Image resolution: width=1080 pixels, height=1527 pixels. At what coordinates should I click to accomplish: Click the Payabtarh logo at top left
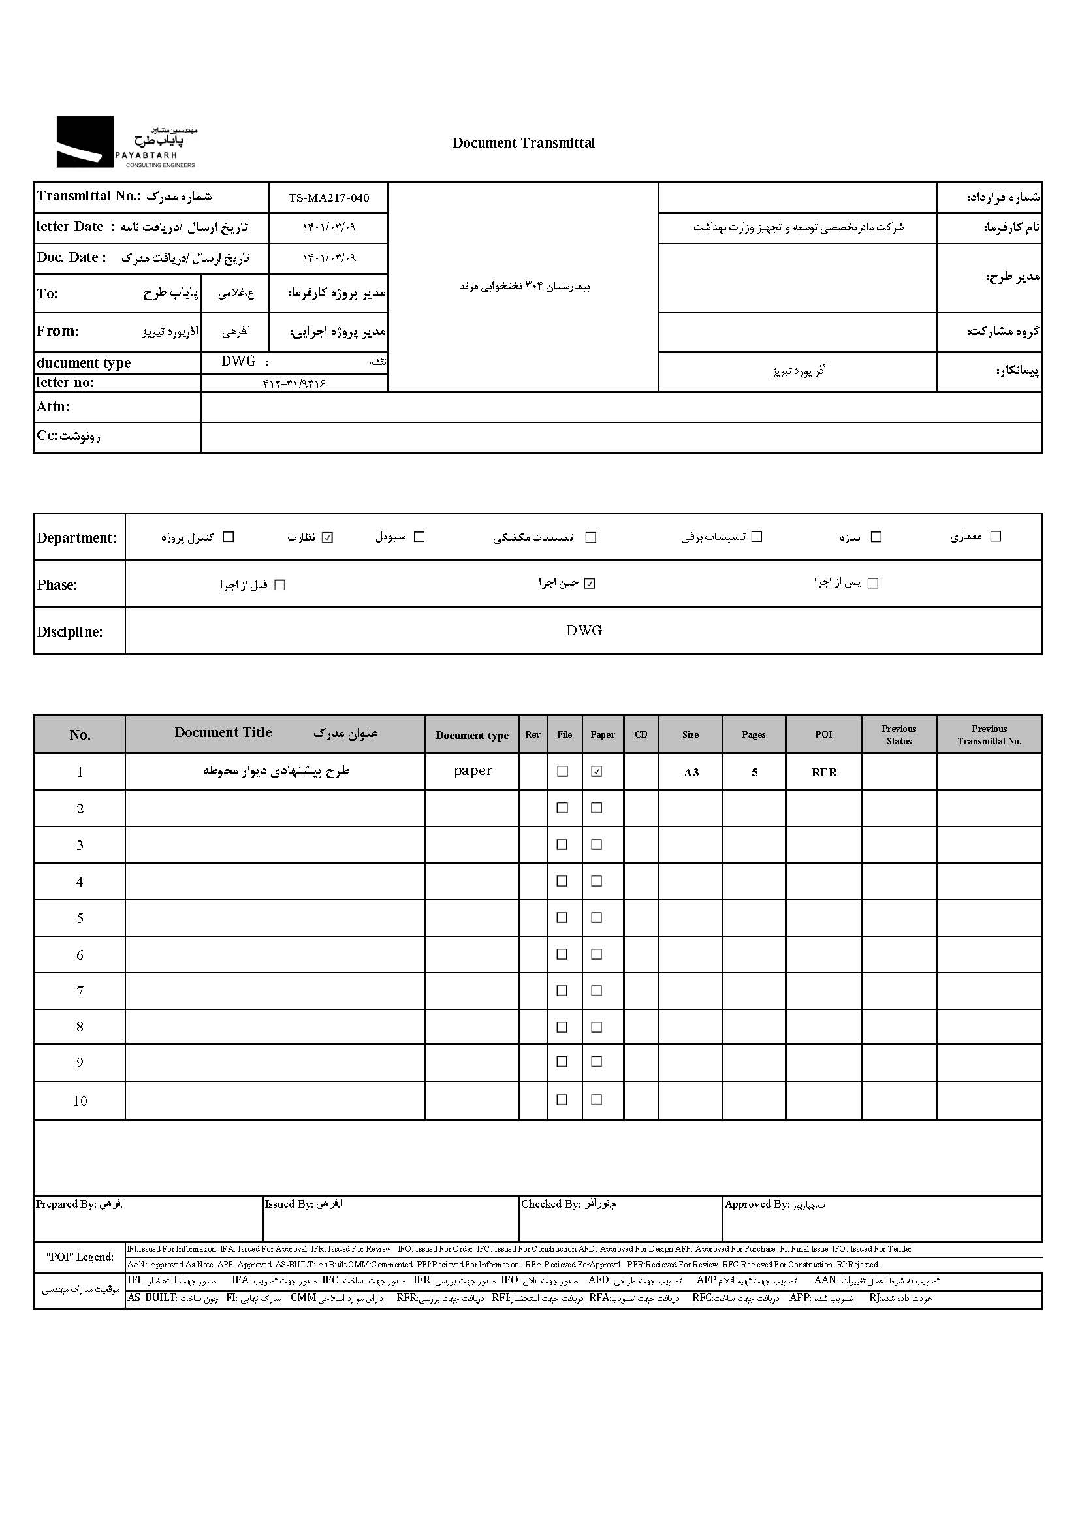(x=127, y=142)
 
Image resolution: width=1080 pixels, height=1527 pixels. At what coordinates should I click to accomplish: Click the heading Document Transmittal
(x=524, y=143)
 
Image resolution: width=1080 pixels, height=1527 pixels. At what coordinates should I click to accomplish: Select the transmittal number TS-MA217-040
(x=328, y=198)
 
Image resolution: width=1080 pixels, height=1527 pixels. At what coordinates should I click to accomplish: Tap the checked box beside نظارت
(x=327, y=537)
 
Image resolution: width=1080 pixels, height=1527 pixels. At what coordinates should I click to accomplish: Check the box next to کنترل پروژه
(x=229, y=537)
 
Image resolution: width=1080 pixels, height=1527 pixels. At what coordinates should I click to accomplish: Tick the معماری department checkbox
(x=996, y=536)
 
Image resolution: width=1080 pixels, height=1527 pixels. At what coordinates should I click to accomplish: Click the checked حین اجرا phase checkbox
(x=590, y=583)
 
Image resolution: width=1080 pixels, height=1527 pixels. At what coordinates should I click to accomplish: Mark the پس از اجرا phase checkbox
(x=874, y=583)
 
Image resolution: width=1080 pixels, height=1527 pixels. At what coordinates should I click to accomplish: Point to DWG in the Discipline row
(x=584, y=631)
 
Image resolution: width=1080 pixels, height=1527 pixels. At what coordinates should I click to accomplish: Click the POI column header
(x=823, y=734)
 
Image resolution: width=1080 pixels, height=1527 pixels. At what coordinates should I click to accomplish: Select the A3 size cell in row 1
(x=691, y=772)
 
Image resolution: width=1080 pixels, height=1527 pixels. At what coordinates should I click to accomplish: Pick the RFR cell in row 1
(x=824, y=772)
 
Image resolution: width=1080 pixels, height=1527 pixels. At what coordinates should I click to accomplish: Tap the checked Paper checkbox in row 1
(x=597, y=772)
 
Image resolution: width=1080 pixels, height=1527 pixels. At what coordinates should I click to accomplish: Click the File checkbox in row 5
(x=563, y=918)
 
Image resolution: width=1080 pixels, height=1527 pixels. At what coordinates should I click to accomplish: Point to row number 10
(x=80, y=1101)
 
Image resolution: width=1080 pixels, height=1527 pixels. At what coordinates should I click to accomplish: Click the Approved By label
(x=757, y=1204)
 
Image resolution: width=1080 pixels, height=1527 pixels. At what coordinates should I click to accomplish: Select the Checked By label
(x=550, y=1204)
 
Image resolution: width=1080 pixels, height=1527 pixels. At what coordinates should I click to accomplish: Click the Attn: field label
(x=53, y=407)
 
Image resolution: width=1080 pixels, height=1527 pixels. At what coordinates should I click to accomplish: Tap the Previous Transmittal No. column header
(x=989, y=734)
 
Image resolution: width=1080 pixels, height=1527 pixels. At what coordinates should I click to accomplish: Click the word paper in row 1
(x=473, y=771)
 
